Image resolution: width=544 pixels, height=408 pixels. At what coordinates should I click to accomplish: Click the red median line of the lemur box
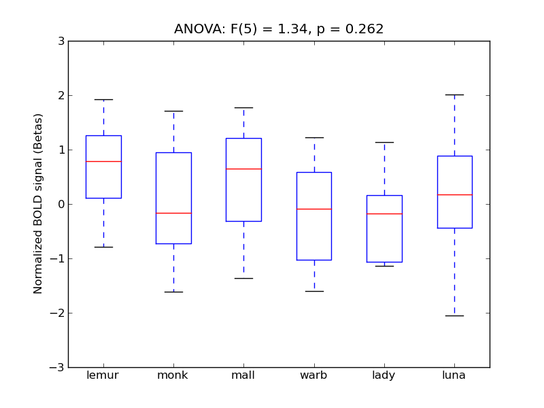tap(103, 161)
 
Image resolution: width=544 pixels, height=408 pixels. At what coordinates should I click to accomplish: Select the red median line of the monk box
tap(173, 213)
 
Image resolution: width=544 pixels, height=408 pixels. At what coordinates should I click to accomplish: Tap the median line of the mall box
tap(243, 168)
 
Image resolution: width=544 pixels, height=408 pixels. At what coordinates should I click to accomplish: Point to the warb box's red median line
tap(314, 209)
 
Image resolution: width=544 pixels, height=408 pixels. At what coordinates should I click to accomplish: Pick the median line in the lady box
tap(384, 214)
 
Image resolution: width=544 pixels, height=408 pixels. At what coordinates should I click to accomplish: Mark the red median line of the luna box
tap(454, 194)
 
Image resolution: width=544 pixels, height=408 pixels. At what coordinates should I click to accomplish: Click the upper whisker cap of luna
tap(454, 95)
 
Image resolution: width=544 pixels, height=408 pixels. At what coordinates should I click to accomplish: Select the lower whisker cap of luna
tap(454, 316)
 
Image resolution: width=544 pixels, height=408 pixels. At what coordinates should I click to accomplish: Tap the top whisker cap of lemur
tap(103, 99)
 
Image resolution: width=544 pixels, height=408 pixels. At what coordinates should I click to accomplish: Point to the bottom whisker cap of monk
tap(173, 292)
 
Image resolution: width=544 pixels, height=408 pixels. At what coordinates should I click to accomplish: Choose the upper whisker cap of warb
tap(314, 137)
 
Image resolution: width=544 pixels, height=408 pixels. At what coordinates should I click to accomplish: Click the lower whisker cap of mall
tap(243, 278)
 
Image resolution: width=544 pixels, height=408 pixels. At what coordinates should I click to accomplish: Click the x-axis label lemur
tap(103, 375)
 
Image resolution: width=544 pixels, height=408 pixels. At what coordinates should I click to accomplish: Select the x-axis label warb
tap(314, 375)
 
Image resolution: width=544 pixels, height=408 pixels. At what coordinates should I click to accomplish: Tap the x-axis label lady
tap(384, 375)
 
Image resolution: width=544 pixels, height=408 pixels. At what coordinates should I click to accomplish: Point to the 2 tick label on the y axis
tap(61, 95)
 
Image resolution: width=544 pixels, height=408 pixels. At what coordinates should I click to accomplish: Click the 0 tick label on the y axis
tap(61, 204)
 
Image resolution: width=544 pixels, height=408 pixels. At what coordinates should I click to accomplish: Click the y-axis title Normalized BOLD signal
tap(39, 204)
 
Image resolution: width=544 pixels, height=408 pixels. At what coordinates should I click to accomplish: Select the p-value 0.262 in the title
tap(364, 29)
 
